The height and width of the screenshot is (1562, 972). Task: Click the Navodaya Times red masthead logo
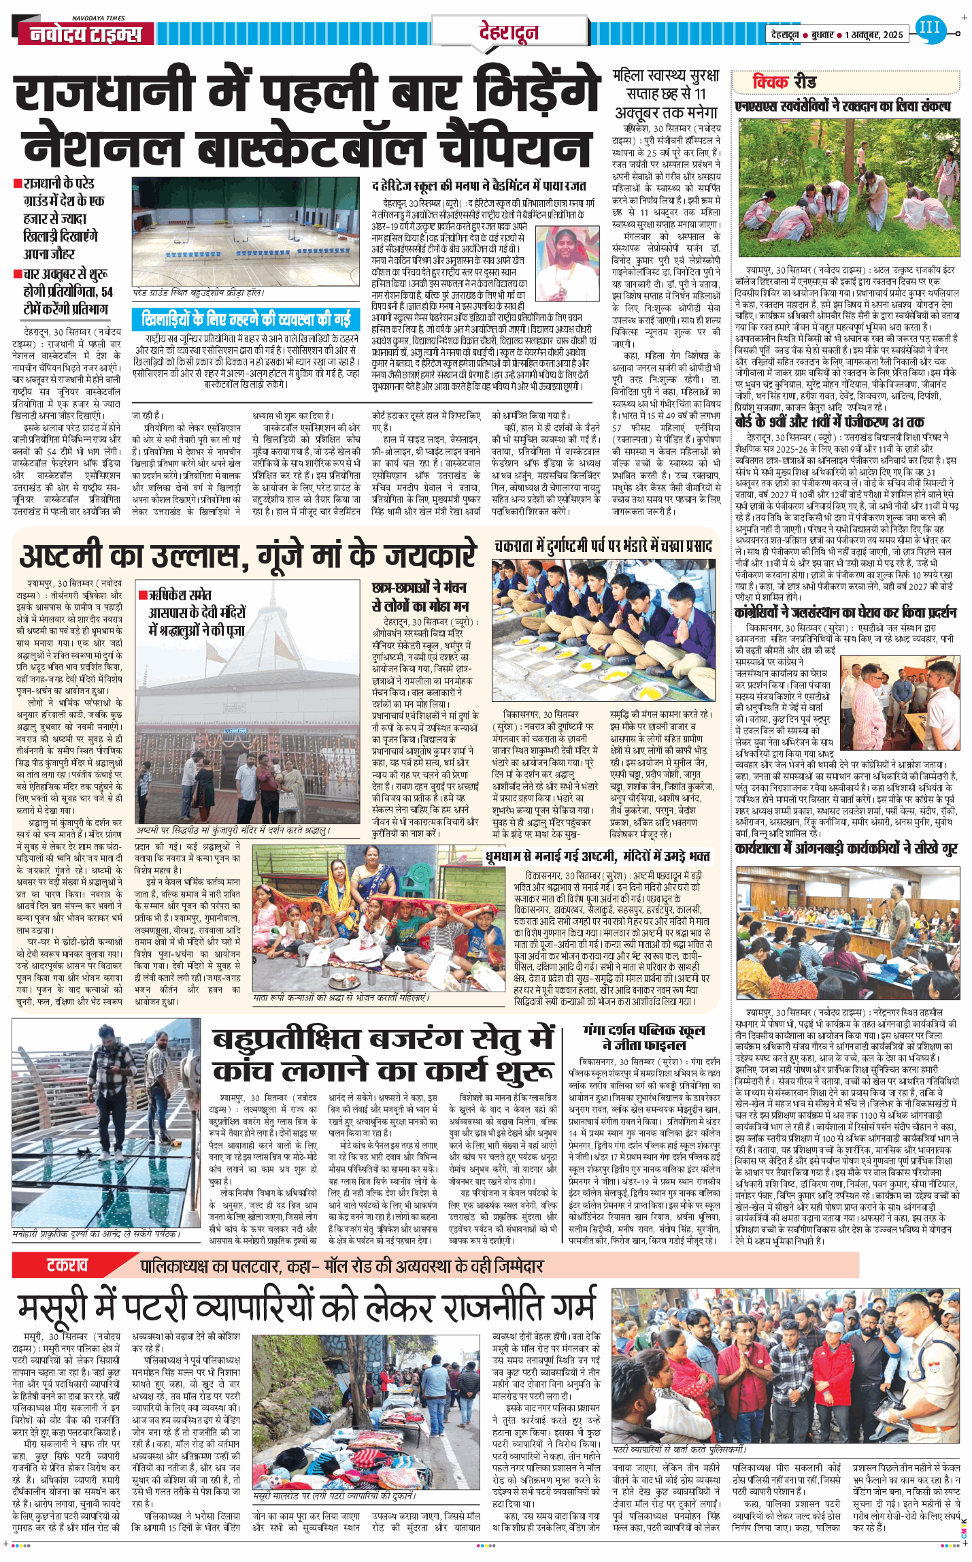(x=86, y=34)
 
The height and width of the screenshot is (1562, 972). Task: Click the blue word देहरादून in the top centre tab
(x=509, y=32)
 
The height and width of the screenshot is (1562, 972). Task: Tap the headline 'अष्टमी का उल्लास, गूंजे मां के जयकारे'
(x=248, y=555)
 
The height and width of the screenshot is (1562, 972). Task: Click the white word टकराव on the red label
(x=67, y=1265)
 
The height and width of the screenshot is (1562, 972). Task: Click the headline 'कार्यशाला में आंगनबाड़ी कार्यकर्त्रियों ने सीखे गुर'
(x=846, y=848)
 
